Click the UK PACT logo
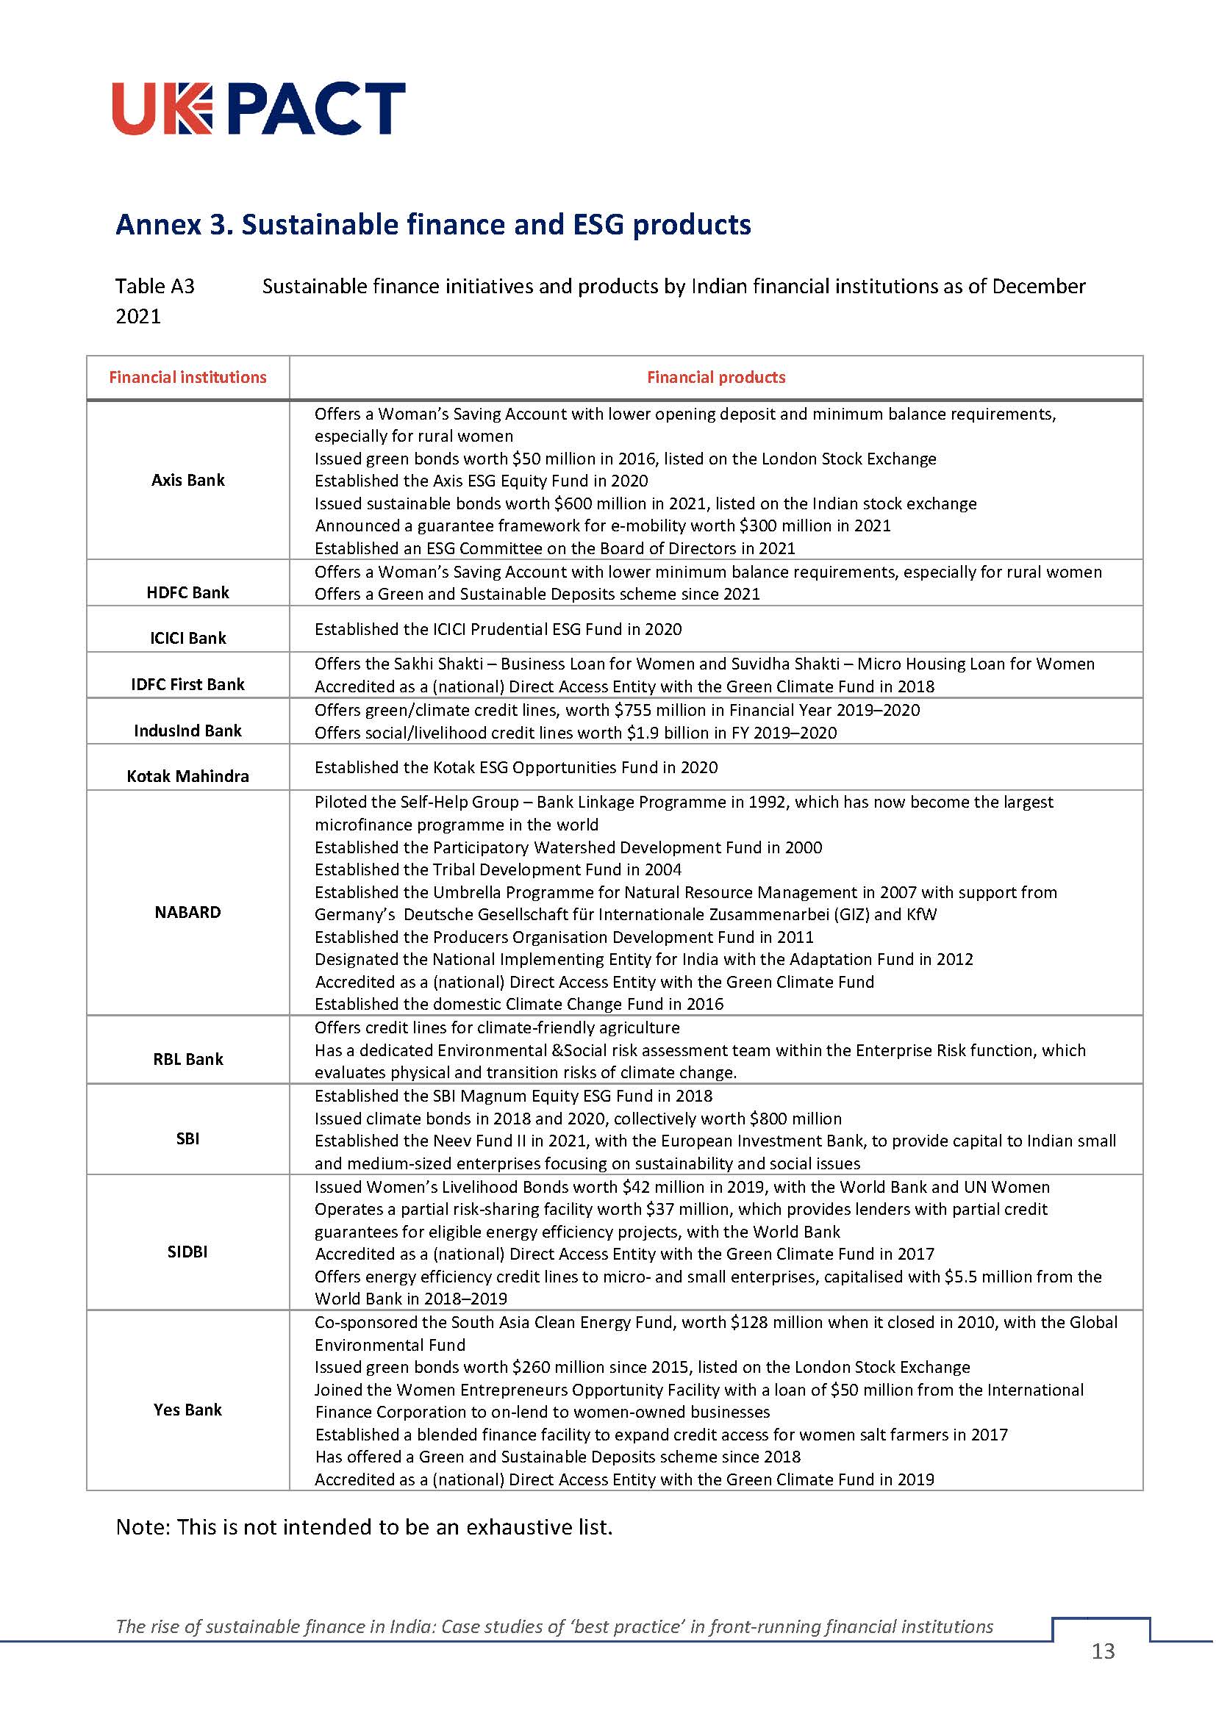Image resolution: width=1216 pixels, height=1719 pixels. [x=258, y=109]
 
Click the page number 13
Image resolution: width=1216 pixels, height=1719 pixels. [x=1103, y=1671]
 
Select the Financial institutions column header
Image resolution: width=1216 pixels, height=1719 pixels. [x=187, y=377]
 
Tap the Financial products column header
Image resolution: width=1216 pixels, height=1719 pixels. [x=716, y=377]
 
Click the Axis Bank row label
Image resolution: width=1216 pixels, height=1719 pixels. [x=187, y=480]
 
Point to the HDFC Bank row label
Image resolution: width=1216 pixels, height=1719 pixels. [x=187, y=592]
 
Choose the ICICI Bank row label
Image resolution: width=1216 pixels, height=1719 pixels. [x=187, y=638]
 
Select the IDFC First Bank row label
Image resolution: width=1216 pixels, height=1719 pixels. [x=187, y=684]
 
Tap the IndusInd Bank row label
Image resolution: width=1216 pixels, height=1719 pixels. [x=187, y=731]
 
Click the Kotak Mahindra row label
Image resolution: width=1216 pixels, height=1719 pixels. [x=187, y=776]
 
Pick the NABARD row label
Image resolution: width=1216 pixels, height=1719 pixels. [x=187, y=912]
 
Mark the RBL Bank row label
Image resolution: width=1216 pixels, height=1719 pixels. [x=187, y=1058]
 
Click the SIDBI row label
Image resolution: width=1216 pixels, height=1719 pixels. [x=187, y=1252]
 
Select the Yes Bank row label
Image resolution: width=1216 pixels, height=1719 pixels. [x=187, y=1410]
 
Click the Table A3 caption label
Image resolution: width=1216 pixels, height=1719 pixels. [x=155, y=286]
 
